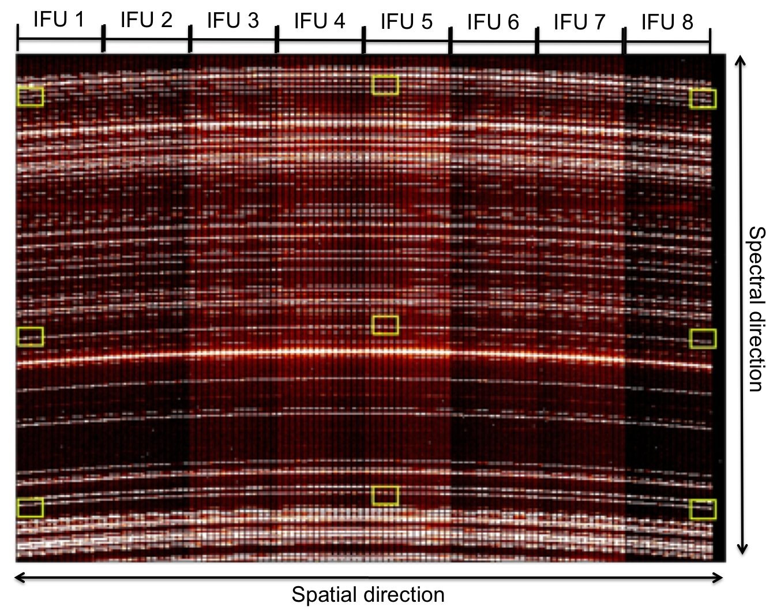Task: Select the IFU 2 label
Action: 146,20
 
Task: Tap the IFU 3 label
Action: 232,20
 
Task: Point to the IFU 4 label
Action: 319,21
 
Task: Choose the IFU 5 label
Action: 406,22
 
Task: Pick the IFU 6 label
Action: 493,23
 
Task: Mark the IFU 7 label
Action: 579,23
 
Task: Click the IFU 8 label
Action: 667,23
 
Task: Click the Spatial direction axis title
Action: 368,595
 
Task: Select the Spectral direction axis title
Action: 756,309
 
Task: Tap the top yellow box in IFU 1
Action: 31,96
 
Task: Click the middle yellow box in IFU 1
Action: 31,336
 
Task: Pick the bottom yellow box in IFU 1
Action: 31,507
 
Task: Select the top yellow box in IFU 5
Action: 385,85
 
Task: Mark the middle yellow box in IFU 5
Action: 385,325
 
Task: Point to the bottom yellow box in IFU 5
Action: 385,496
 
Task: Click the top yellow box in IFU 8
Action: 703,99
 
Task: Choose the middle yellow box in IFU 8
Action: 703,339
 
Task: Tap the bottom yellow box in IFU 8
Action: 703,509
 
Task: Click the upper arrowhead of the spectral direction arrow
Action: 741,60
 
